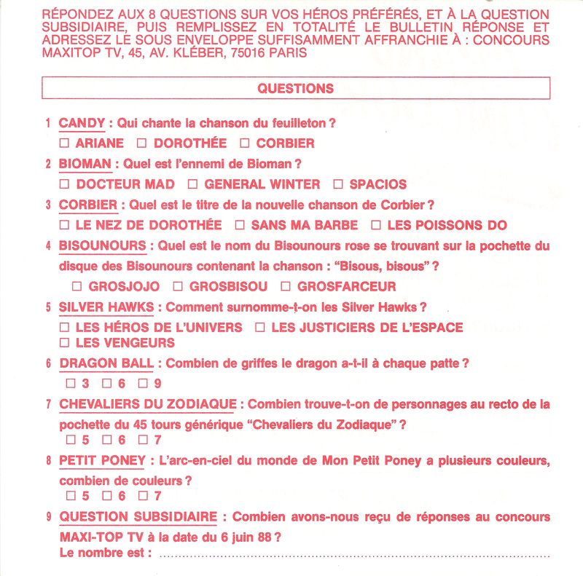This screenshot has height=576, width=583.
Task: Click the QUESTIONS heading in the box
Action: pos(295,89)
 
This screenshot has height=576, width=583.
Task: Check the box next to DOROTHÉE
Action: pos(143,143)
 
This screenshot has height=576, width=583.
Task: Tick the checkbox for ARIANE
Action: pos(64,143)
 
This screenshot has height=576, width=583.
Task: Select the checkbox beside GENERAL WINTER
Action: pos(192,184)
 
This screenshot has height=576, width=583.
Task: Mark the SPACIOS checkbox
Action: pos(338,184)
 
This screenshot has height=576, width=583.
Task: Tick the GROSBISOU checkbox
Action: pos(176,287)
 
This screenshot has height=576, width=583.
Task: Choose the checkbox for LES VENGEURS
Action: pos(64,342)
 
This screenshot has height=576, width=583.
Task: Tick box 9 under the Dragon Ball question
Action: pos(143,383)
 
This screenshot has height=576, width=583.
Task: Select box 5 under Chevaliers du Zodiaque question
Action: pos(71,440)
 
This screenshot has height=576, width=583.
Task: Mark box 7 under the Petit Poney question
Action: pos(143,496)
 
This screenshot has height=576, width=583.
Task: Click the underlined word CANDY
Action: pos(82,123)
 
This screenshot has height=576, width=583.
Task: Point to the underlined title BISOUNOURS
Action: pos(103,246)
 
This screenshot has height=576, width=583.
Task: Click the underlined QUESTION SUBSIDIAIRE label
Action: pos(138,517)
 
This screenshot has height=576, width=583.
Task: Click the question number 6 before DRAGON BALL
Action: pos(48,363)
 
